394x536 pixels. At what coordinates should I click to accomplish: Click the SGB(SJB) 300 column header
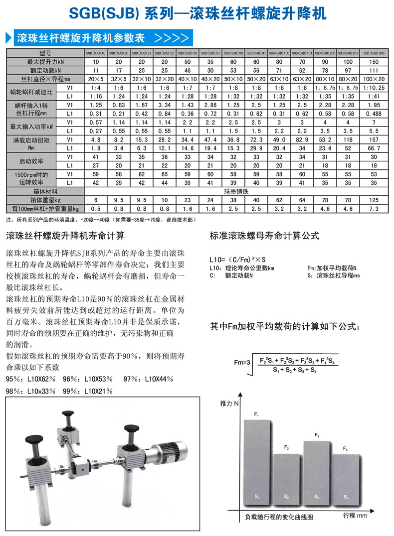click(374, 52)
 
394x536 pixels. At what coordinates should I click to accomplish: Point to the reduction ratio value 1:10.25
click(374, 88)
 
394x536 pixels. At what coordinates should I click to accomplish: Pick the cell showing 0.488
click(374, 114)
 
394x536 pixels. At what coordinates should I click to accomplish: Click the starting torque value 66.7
click(374, 148)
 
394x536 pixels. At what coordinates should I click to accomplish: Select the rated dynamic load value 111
click(374, 70)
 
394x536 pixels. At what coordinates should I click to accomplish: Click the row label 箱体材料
click(45, 190)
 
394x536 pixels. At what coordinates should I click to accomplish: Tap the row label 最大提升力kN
click(45, 61)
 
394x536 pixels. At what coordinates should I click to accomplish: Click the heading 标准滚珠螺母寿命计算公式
click(264, 236)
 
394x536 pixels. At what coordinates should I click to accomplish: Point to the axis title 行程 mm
click(355, 516)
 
